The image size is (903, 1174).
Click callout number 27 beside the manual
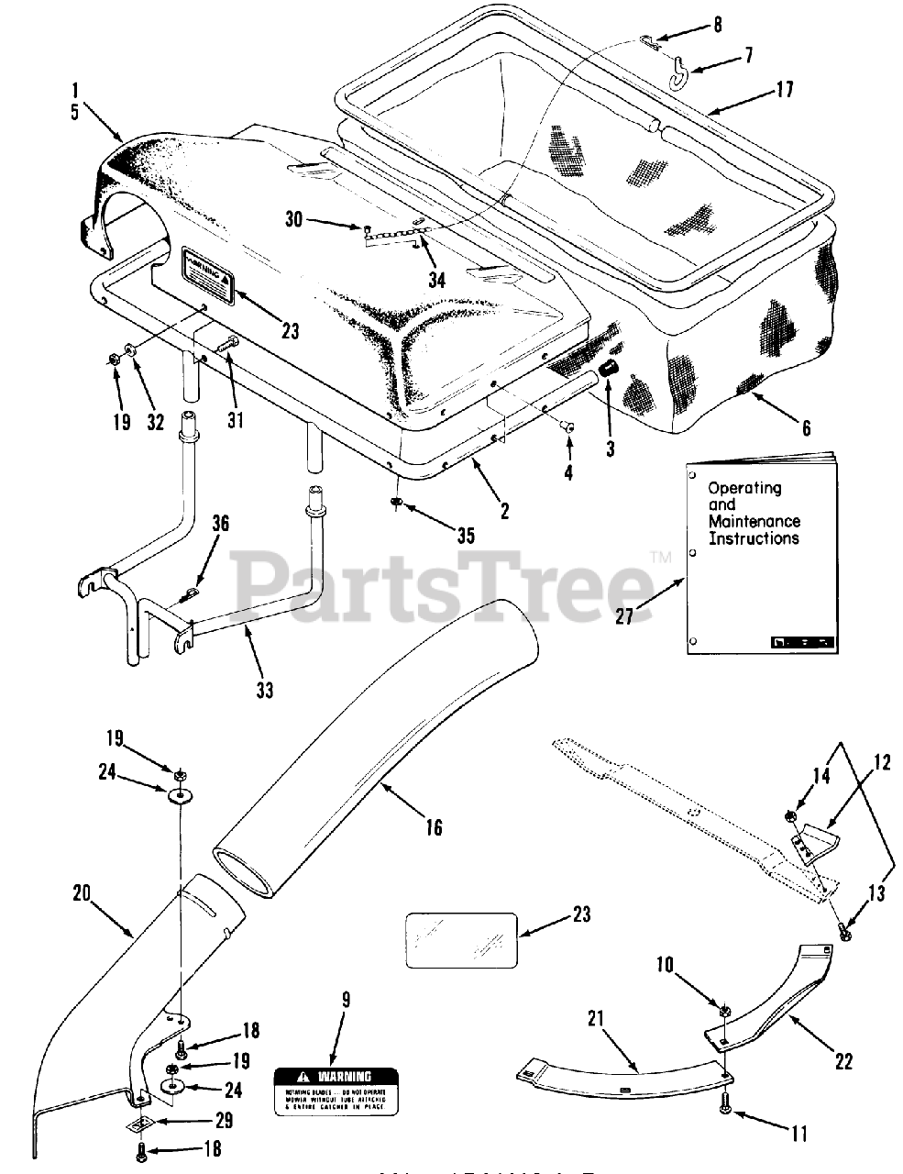(624, 616)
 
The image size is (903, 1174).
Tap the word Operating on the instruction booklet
(743, 489)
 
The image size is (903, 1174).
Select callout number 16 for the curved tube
(433, 827)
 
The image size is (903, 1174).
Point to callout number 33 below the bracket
(264, 689)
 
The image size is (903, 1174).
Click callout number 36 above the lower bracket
(220, 524)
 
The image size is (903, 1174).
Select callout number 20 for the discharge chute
(83, 892)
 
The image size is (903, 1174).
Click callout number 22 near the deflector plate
(843, 1060)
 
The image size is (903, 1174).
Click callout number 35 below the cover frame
(466, 536)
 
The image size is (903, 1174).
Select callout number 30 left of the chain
(292, 219)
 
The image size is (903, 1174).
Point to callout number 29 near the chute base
(226, 1121)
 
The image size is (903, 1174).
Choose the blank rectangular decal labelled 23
(461, 938)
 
